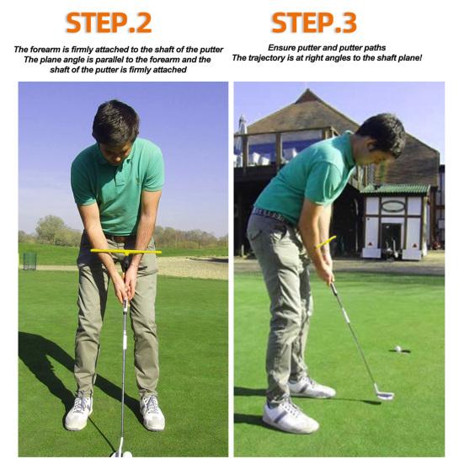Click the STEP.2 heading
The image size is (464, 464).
point(109,23)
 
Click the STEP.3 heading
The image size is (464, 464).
point(313,23)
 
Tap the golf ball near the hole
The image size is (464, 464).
point(398,349)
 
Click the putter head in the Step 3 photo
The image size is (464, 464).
point(384,393)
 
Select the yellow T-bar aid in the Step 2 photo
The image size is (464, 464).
point(125,253)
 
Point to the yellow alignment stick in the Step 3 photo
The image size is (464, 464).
point(326,242)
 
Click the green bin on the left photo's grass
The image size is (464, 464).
point(29,261)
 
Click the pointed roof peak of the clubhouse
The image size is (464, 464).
point(308,90)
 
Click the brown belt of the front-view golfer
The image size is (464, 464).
point(121,239)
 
